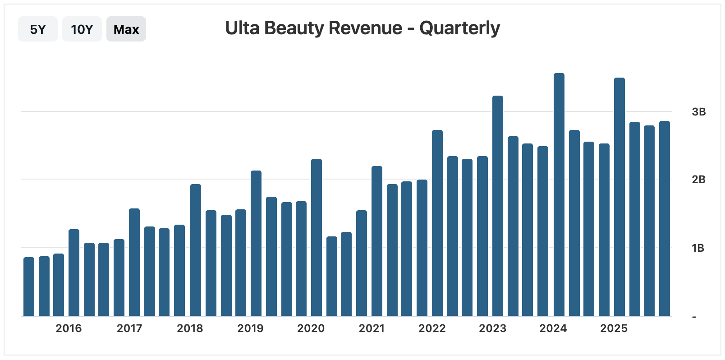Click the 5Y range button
tap(38, 29)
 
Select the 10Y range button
tap(82, 29)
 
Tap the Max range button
tap(126, 29)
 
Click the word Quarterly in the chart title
tap(459, 28)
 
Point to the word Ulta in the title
tap(242, 28)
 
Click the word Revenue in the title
tap(365, 28)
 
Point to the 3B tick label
tap(698, 112)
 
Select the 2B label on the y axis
tap(698, 180)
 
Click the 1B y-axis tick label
tap(698, 248)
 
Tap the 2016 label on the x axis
tap(69, 328)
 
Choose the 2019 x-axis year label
tap(250, 328)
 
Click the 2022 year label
tap(432, 328)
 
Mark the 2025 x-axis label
tap(614, 328)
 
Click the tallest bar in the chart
tap(559, 194)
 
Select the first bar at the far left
tap(29, 286)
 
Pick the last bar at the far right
tap(665, 218)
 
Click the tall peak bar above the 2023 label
tap(498, 206)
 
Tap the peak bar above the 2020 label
tap(317, 237)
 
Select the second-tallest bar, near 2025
tap(619, 197)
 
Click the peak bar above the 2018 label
tap(196, 250)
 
